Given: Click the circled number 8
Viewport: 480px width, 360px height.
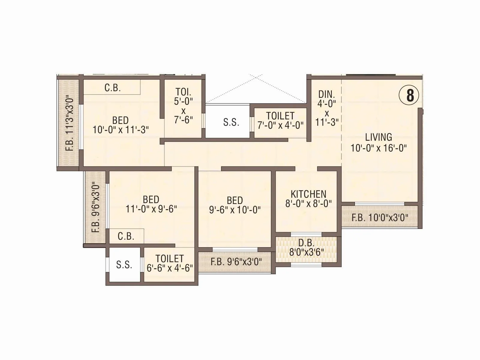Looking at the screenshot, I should pyautogui.click(x=410, y=96).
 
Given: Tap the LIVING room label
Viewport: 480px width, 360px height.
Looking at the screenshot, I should pyautogui.click(x=379, y=137).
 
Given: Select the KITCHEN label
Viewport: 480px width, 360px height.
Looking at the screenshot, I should pyautogui.click(x=308, y=194).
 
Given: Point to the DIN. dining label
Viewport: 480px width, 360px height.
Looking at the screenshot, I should pyautogui.click(x=327, y=94).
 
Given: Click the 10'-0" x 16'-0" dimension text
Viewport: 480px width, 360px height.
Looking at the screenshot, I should pyautogui.click(x=379, y=148).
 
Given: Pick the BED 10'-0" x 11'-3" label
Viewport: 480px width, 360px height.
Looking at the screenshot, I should pyautogui.click(x=121, y=125).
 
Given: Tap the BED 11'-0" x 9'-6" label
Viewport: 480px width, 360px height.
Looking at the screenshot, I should pyautogui.click(x=151, y=204).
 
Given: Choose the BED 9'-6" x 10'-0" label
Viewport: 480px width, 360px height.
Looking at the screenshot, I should pyautogui.click(x=235, y=205).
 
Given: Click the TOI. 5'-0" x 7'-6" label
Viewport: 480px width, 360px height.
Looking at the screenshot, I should pyautogui.click(x=183, y=106).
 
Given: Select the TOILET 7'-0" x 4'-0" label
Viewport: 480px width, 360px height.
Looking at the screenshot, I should pyautogui.click(x=280, y=120).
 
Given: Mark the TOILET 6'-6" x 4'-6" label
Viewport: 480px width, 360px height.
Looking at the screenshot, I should pyautogui.click(x=169, y=263).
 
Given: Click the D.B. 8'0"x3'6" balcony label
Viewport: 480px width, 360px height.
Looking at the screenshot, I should pyautogui.click(x=306, y=247).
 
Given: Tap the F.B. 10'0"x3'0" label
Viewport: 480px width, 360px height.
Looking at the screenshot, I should pyautogui.click(x=380, y=217).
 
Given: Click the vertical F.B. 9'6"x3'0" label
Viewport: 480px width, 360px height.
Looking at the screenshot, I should pyautogui.click(x=96, y=207).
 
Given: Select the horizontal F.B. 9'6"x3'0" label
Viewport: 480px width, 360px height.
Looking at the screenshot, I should pyautogui.click(x=236, y=262).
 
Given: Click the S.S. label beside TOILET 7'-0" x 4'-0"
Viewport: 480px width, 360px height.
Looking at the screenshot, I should pyautogui.click(x=231, y=122).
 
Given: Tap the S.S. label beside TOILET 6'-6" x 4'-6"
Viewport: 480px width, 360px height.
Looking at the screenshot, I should pyautogui.click(x=124, y=265).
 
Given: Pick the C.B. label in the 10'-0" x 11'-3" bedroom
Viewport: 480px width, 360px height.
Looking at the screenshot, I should pyautogui.click(x=112, y=88).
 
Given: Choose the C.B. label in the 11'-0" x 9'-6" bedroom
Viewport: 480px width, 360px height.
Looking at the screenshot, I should pyautogui.click(x=126, y=236).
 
